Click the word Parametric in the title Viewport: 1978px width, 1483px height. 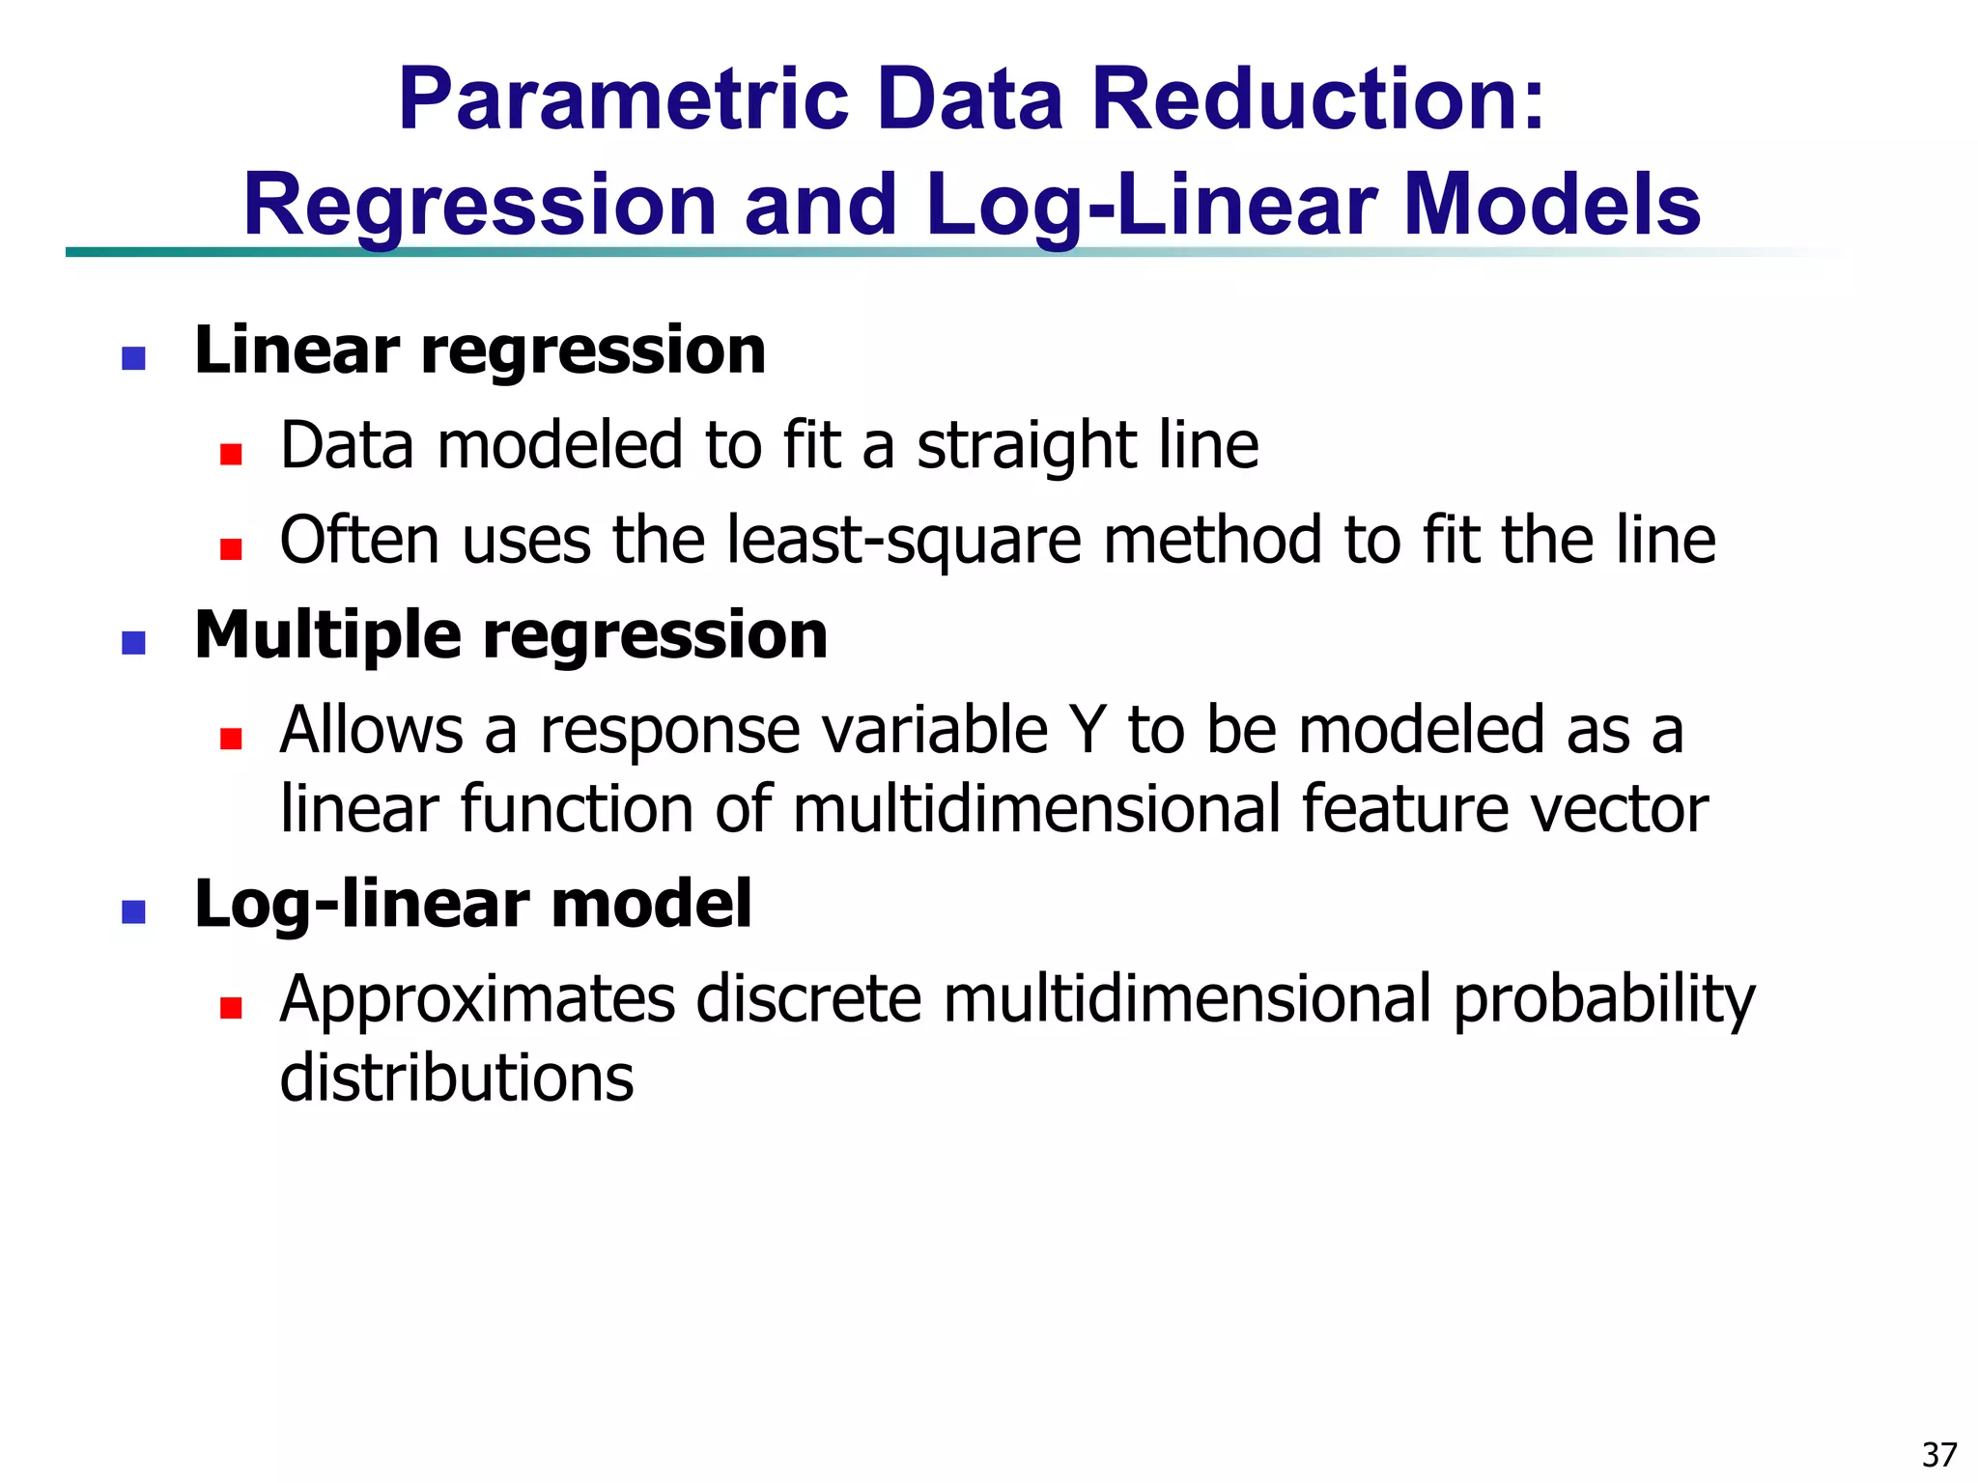[x=623, y=99]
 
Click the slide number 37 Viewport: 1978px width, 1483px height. [x=1939, y=1454]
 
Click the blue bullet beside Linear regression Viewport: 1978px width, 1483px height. [x=133, y=358]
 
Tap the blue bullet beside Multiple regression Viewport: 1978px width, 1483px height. [x=133, y=643]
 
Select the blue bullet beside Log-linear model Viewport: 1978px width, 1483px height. [x=133, y=911]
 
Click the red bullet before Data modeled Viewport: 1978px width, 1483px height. [x=230, y=454]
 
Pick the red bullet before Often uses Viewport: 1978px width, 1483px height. [x=230, y=548]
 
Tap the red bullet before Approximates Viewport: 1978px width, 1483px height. [x=230, y=1008]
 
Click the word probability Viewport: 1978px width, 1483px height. [x=1603, y=1001]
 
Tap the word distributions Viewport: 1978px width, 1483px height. [x=456, y=1077]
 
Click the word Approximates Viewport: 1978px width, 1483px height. [x=477, y=1001]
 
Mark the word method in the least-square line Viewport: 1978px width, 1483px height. [x=1213, y=541]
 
